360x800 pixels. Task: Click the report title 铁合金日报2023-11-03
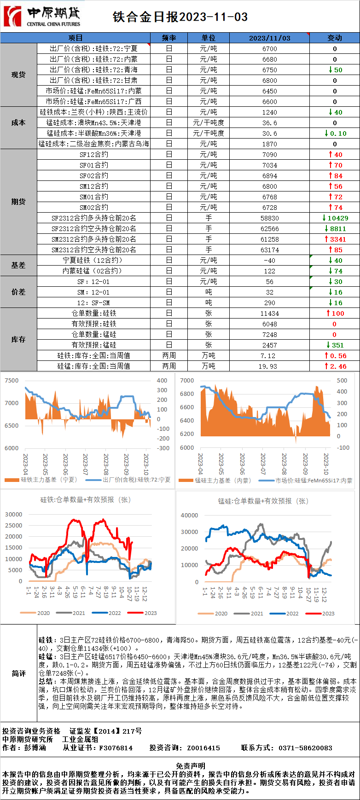tap(180, 17)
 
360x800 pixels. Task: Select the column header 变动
tap(334, 38)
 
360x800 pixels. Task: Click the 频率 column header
tap(169, 38)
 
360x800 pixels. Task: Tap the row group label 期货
tap(18, 202)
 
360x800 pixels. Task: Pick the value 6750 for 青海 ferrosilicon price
tap(269, 70)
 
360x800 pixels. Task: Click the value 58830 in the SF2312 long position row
tap(269, 218)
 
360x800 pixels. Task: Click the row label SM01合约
tap(94, 197)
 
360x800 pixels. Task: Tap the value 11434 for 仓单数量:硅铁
tap(269, 313)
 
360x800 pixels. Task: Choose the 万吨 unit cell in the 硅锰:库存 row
tap(209, 366)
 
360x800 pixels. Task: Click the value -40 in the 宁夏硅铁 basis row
tap(269, 261)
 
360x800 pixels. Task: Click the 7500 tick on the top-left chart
tap(12, 381)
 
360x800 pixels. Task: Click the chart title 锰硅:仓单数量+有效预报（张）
tap(263, 501)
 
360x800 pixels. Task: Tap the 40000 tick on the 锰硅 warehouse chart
tap(189, 516)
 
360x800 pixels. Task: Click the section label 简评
tap(18, 673)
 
